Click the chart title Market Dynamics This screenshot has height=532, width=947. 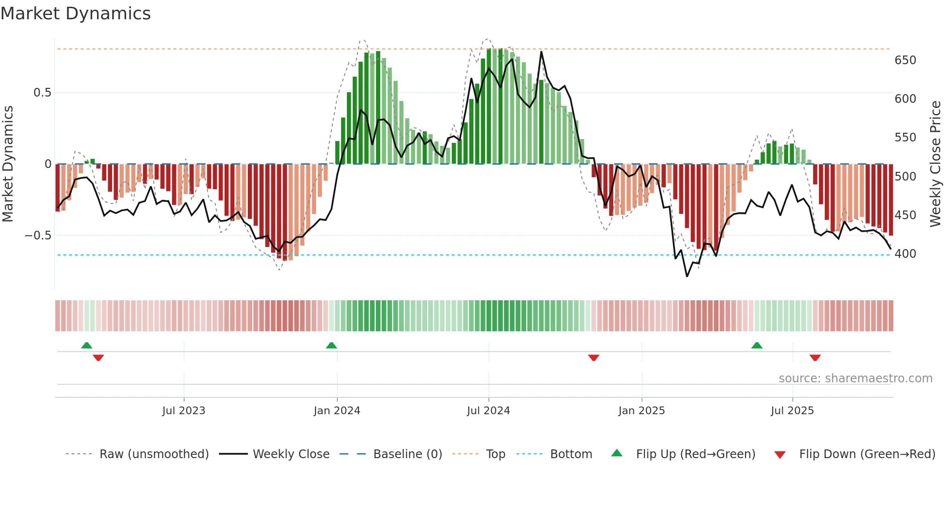[x=75, y=14]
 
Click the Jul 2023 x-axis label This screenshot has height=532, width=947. [x=184, y=410]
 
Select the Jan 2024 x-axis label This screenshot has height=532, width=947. [x=337, y=410]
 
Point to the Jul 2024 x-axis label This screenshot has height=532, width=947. [x=488, y=410]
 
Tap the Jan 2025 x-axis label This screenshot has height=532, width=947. [x=642, y=410]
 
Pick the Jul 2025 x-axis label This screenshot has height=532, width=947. [x=792, y=410]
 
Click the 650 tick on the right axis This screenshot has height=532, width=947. [x=905, y=60]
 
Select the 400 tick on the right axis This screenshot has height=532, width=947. [x=905, y=253]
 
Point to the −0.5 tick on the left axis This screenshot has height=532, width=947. [x=38, y=236]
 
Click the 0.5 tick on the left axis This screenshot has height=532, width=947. [x=42, y=93]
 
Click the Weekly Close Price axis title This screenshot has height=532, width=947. [x=935, y=164]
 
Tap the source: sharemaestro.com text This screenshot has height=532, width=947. [x=855, y=378]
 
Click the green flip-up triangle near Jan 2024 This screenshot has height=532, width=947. [x=331, y=346]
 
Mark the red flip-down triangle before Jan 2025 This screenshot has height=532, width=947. [x=594, y=357]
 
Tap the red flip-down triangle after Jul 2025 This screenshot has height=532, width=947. [x=815, y=357]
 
